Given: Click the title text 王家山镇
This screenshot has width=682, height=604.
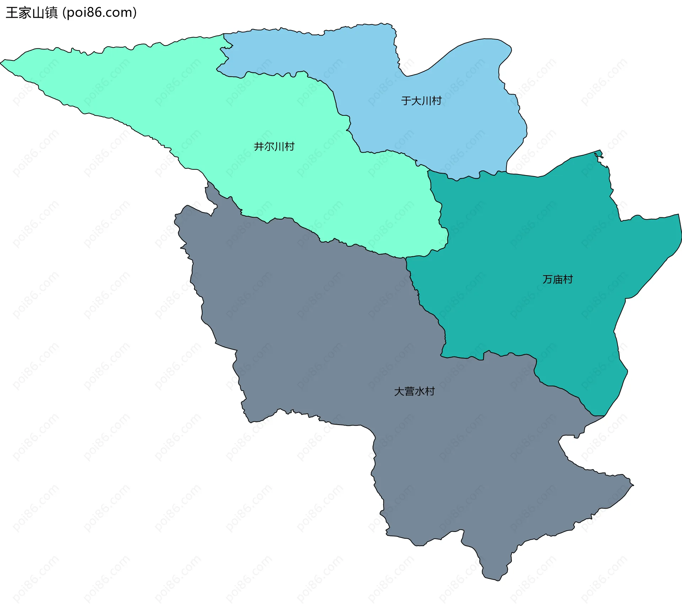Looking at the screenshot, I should pyautogui.click(x=32, y=13).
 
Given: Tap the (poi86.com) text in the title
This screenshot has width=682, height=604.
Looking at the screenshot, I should pyautogui.click(x=99, y=13).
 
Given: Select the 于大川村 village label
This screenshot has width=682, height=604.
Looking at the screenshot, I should pyautogui.click(x=421, y=101).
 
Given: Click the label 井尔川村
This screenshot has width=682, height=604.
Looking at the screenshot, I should pyautogui.click(x=274, y=146).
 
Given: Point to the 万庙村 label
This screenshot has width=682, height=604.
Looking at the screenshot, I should pyautogui.click(x=558, y=279).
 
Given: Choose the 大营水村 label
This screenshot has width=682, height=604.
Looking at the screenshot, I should pyautogui.click(x=415, y=391).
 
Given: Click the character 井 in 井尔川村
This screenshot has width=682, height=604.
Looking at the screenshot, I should pyautogui.click(x=259, y=146).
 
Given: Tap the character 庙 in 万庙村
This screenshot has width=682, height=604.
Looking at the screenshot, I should pyautogui.click(x=558, y=279).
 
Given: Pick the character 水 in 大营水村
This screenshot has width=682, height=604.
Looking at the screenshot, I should pyautogui.click(x=420, y=391).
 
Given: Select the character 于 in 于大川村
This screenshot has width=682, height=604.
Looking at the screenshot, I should pyautogui.click(x=406, y=101).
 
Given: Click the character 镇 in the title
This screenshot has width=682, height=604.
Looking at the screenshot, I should pyautogui.click(x=51, y=13).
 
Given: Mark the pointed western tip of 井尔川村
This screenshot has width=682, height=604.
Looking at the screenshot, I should pyautogui.click(x=1, y=63).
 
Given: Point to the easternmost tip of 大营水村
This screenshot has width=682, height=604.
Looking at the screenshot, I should pyautogui.click(x=633, y=485).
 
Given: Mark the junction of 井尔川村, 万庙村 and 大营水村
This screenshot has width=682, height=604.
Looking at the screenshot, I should pyautogui.click(x=406, y=258).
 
